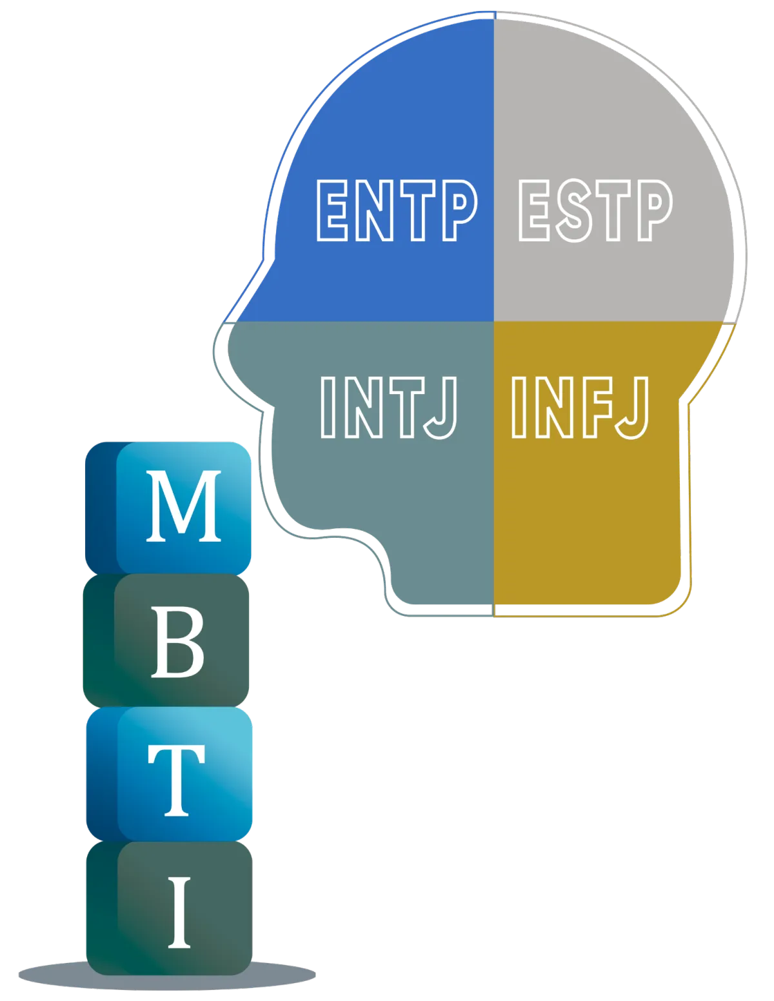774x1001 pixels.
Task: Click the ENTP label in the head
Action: tap(396, 210)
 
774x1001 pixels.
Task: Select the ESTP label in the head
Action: tap(595, 210)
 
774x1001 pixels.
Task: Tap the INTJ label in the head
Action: tap(389, 406)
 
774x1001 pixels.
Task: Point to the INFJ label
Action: tap(579, 406)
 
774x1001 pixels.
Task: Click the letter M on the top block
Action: tap(184, 506)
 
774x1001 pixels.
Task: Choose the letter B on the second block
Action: tap(177, 643)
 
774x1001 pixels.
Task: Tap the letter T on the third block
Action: tap(176, 779)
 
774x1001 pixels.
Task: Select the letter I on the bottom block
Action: tap(179, 911)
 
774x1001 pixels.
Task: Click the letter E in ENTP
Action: tap(336, 210)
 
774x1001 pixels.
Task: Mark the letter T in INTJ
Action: tap(407, 406)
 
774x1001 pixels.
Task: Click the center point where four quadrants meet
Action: tap(494, 321)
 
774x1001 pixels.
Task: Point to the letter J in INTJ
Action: tap(442, 408)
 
